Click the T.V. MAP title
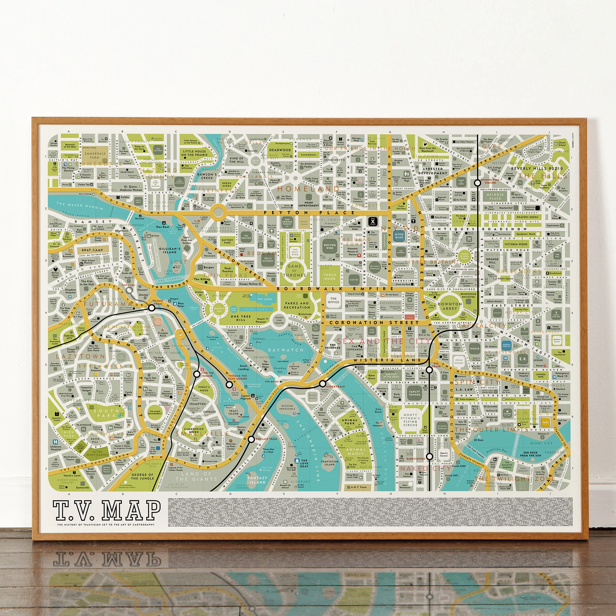[106, 510]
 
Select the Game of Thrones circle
[294, 271]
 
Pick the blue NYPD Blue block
[399, 236]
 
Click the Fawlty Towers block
[414, 393]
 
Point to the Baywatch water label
[286, 350]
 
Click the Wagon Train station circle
[152, 308]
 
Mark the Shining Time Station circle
[477, 183]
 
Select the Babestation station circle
[430, 456]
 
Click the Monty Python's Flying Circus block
[410, 420]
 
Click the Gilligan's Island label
[170, 250]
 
